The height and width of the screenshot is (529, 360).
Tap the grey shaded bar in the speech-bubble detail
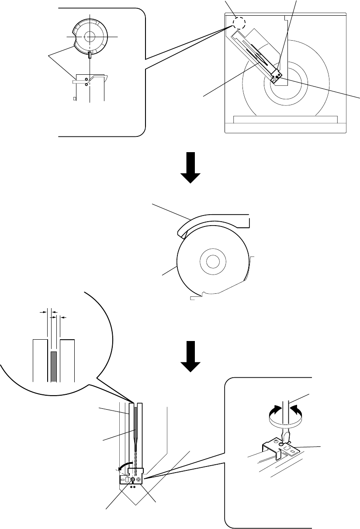(x=54, y=366)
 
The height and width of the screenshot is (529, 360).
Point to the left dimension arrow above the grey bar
(x=44, y=312)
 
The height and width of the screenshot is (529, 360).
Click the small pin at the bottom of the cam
(x=89, y=55)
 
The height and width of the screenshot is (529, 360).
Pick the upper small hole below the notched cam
(x=86, y=78)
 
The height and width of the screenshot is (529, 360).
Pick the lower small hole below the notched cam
(x=86, y=84)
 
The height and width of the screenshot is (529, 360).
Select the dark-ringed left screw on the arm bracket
(x=132, y=479)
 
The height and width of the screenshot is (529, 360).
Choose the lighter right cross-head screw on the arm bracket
(x=139, y=479)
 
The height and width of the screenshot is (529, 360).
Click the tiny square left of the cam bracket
(x=74, y=99)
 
